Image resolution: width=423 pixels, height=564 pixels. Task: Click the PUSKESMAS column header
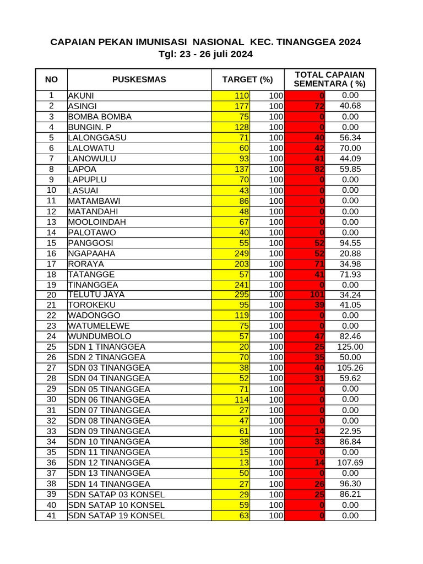click(x=139, y=79)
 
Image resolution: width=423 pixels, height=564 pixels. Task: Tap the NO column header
click(x=51, y=79)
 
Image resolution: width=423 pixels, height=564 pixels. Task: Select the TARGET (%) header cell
click(x=247, y=79)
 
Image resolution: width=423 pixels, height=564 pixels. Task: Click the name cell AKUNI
click(x=81, y=96)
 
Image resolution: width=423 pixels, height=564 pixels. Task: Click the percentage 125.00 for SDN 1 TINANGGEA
click(x=350, y=347)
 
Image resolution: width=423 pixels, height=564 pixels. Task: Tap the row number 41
click(x=51, y=516)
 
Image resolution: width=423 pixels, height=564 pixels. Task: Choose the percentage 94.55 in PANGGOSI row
click(x=350, y=243)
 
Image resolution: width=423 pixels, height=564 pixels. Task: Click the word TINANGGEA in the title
click(x=306, y=42)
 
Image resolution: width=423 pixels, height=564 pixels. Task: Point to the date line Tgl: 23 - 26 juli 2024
click(x=205, y=54)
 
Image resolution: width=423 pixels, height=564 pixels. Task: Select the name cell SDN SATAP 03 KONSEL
click(x=116, y=495)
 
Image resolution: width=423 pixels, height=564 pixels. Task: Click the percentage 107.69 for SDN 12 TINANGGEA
click(x=350, y=463)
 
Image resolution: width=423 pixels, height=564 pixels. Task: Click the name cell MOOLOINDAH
click(x=97, y=222)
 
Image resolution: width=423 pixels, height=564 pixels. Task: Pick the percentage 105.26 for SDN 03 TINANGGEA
click(x=350, y=368)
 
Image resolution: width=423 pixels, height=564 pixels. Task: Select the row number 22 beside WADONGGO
click(x=51, y=316)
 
